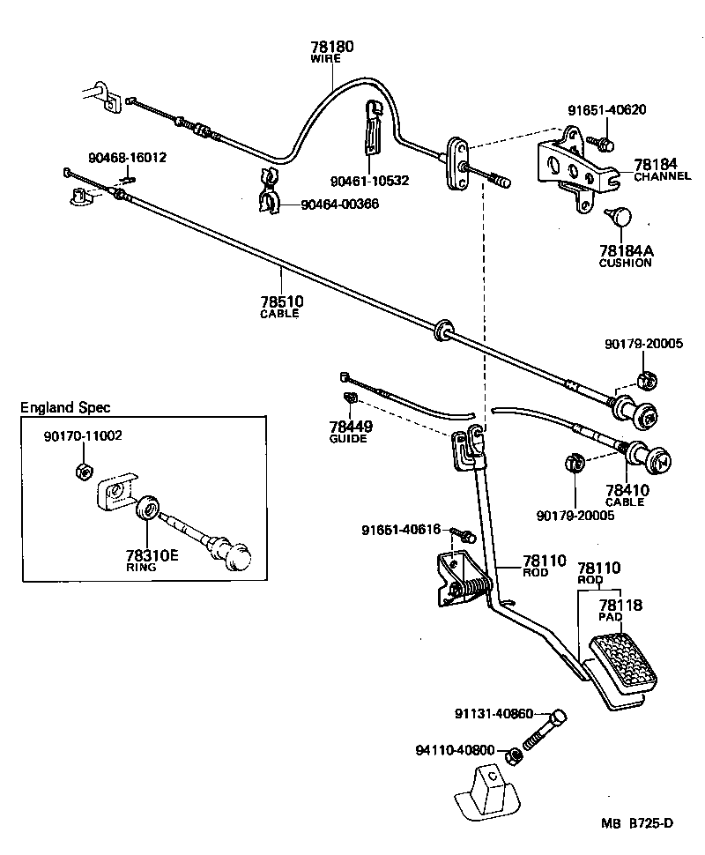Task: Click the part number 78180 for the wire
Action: tap(331, 46)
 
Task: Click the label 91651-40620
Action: tap(606, 110)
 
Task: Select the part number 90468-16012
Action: tap(127, 158)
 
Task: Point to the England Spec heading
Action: tap(66, 407)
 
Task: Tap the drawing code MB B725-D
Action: tap(637, 823)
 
